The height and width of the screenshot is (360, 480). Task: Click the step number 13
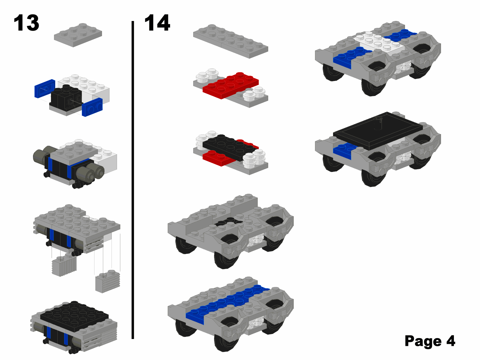(26, 23)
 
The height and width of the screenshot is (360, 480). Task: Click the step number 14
(157, 23)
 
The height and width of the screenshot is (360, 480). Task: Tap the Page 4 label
(430, 341)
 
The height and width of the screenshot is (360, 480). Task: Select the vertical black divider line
(133, 180)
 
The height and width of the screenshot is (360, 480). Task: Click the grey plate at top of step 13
(78, 35)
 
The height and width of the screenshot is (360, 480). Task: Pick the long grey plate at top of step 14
(231, 41)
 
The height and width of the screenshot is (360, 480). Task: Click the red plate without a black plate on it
(231, 85)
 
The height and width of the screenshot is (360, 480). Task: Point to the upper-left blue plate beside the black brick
(45, 88)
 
